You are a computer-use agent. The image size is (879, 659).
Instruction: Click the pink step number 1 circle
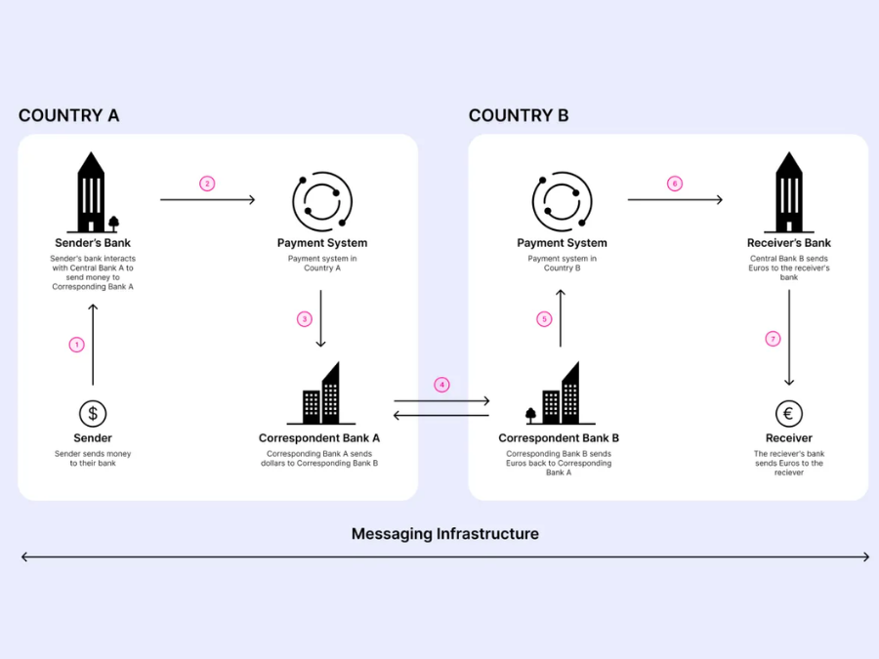tap(77, 345)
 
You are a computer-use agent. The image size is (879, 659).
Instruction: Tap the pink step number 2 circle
tap(207, 184)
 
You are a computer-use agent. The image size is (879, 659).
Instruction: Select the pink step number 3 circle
tap(305, 319)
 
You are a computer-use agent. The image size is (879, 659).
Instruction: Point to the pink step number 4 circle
tap(442, 385)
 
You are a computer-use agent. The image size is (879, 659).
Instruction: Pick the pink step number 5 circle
tap(545, 319)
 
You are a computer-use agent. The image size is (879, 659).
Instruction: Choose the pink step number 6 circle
tap(674, 184)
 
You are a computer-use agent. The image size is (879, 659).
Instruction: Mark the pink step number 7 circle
tap(774, 339)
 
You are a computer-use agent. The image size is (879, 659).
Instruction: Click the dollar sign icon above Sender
tap(93, 413)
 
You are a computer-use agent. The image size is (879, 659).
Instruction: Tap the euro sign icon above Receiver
tap(789, 413)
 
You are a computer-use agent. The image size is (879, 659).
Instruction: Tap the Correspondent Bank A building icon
tap(320, 394)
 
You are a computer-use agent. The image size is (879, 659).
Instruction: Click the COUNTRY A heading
tap(68, 115)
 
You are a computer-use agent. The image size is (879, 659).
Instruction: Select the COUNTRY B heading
tap(519, 115)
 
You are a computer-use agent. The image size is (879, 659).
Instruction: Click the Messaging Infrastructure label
tap(444, 534)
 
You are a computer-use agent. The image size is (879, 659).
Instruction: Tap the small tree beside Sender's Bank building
tap(114, 223)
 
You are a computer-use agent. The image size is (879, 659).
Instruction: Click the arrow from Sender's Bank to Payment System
tap(207, 200)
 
